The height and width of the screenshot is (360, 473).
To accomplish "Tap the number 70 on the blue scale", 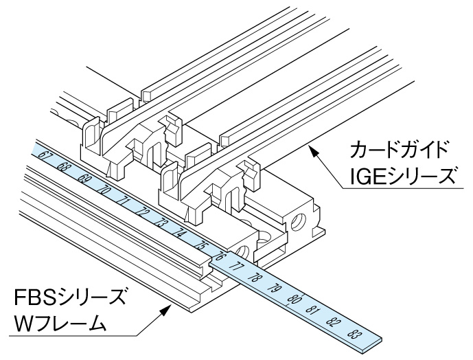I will click(103, 189).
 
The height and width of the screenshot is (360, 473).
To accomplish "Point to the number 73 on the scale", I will click(162, 223).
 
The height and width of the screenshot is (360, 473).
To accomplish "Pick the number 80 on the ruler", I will click(295, 300).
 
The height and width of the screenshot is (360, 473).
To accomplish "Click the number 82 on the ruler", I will click(334, 322).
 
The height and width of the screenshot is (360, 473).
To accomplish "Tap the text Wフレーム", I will click(61, 325).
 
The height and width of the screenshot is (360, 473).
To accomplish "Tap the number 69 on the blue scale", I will click(84, 178).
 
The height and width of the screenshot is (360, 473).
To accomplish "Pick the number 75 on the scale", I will click(200, 245).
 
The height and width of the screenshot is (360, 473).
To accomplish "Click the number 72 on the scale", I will click(143, 212).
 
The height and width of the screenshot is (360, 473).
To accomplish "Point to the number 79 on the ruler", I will click(277, 289).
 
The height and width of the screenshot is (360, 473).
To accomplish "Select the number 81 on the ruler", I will click(314, 311).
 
